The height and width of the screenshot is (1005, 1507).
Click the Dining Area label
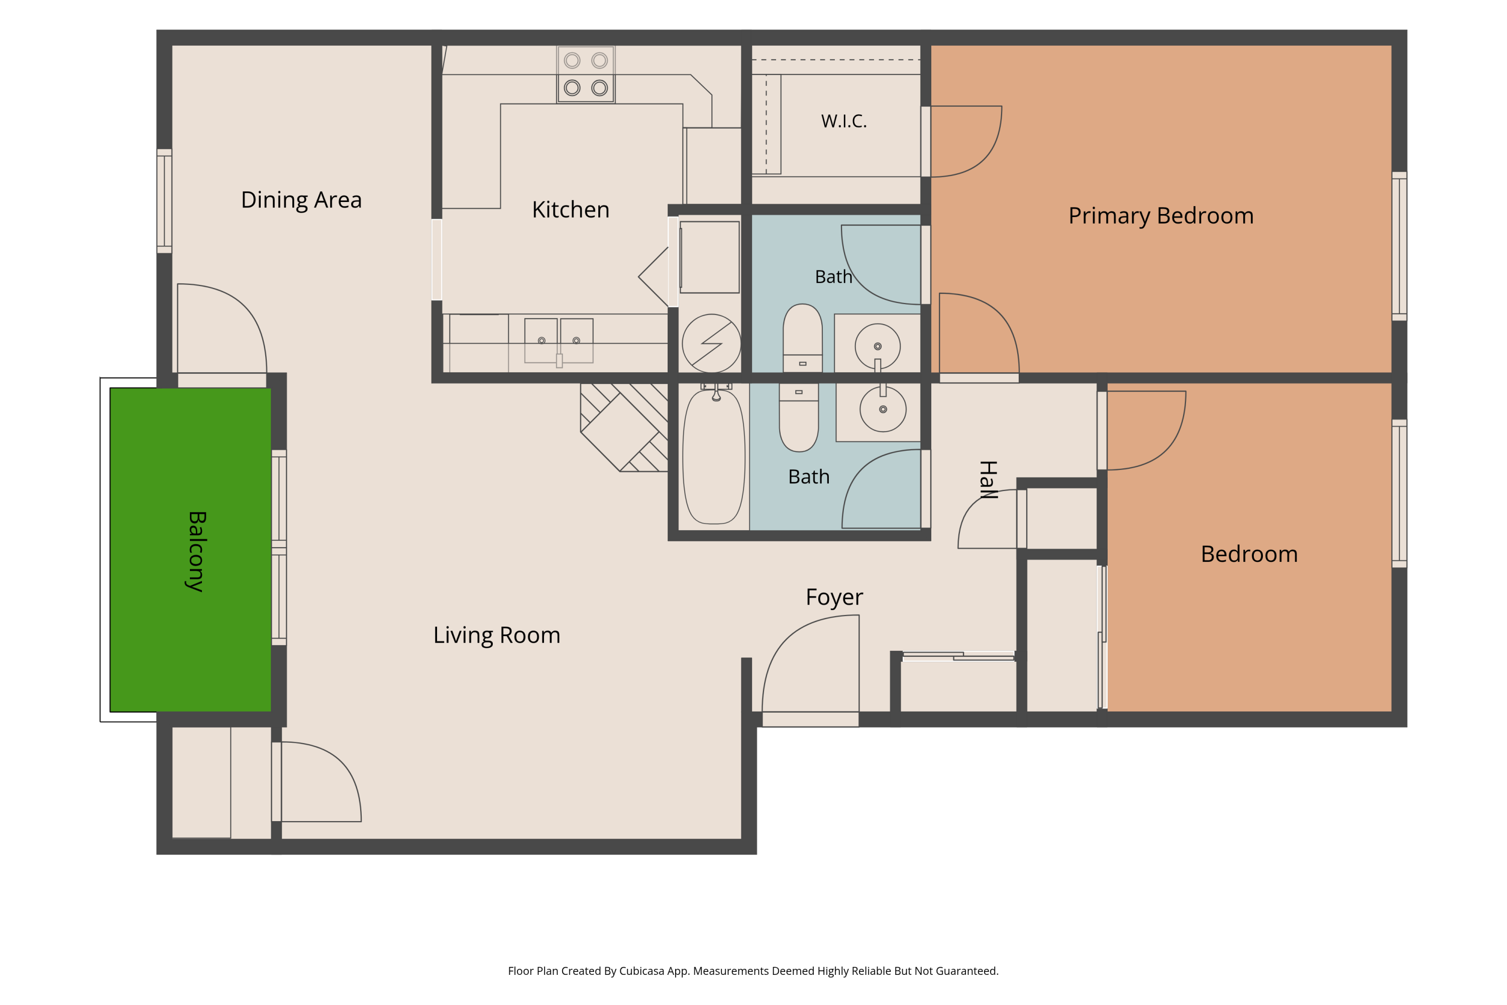(301, 200)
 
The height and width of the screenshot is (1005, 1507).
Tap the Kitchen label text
(570, 210)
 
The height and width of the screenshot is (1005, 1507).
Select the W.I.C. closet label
(844, 121)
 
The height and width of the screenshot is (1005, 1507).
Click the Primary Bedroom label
(1161, 216)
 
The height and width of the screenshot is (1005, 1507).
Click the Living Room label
(497, 635)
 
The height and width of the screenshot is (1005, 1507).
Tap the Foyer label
(834, 597)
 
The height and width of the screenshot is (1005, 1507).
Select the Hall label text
(988, 479)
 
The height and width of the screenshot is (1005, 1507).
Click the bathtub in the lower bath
(714, 456)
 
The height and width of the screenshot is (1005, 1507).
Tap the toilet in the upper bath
(802, 338)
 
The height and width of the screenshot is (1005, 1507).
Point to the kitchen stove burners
(586, 74)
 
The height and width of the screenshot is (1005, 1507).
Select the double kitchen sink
(559, 341)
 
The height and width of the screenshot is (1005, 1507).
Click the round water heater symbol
(711, 344)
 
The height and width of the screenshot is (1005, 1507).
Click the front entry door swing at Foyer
(811, 664)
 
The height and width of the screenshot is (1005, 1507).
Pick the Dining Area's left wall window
(165, 202)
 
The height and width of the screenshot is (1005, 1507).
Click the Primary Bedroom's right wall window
(1400, 246)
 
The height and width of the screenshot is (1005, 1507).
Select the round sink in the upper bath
(878, 346)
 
